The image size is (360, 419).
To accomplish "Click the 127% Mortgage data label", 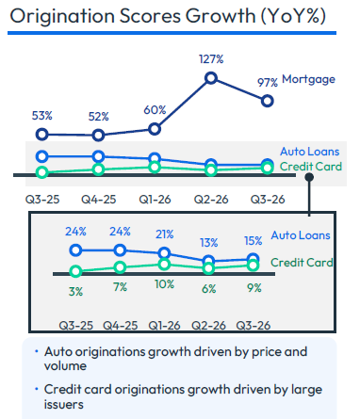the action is [x=211, y=59].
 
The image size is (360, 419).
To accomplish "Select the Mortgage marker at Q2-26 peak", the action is [x=211, y=78].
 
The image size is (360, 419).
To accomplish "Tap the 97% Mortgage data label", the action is [x=268, y=83].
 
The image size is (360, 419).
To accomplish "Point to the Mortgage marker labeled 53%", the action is [x=42, y=135].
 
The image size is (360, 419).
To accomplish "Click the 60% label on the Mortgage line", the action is [x=155, y=110].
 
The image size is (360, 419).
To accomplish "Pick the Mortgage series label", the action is [x=308, y=79].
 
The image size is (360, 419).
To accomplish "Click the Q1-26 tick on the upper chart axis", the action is [x=155, y=200].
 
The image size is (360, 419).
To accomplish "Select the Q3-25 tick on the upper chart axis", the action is [x=42, y=200].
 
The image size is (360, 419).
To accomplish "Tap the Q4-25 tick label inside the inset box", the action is [x=121, y=326].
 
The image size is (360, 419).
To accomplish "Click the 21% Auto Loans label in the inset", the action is [x=165, y=234].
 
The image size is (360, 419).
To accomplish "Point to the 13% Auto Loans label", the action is [x=209, y=243].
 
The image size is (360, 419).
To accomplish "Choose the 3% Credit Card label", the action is [x=75, y=292].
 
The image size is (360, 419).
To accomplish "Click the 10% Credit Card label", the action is [x=164, y=284].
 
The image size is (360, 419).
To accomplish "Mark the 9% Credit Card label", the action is [x=254, y=288].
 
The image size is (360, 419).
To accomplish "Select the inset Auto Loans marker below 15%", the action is [x=254, y=259].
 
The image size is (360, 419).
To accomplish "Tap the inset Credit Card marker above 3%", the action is [x=75, y=271].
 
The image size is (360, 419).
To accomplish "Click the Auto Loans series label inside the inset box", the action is [x=301, y=235].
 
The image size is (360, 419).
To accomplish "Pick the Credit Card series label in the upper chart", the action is [x=311, y=167].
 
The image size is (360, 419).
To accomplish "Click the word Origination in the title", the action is [x=62, y=16].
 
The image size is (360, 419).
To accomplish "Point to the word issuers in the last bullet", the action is [x=64, y=405].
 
